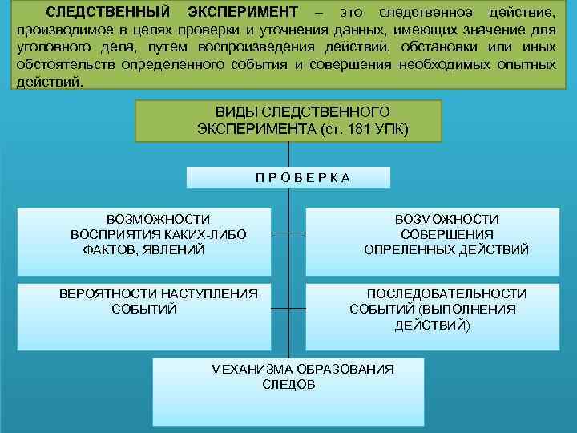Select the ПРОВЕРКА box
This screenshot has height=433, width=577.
click(x=288, y=177)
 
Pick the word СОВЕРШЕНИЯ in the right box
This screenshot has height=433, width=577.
click(x=446, y=234)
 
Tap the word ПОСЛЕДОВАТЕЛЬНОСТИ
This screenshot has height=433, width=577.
click(x=446, y=293)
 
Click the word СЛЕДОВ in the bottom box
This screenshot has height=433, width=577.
click(x=288, y=384)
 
